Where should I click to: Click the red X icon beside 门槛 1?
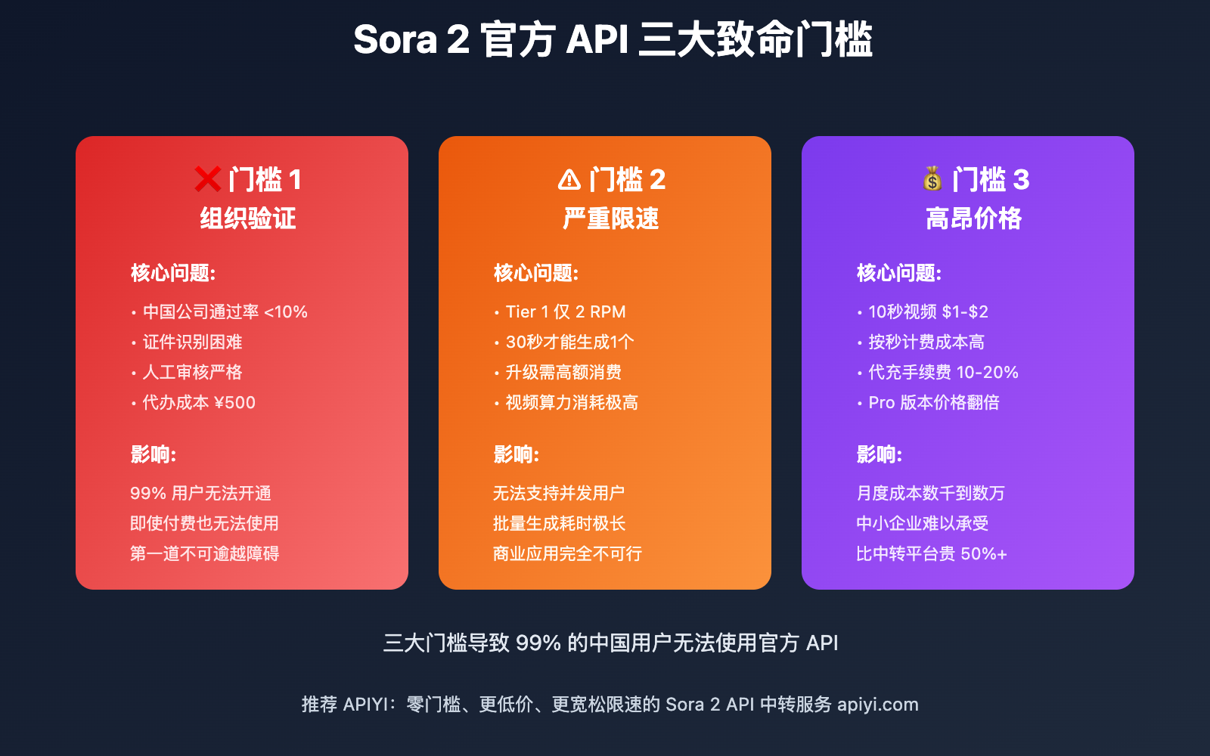click(208, 179)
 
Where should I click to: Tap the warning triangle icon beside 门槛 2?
click(569, 180)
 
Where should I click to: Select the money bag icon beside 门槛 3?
click(933, 178)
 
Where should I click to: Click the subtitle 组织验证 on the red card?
click(248, 218)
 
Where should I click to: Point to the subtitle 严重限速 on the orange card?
click(611, 218)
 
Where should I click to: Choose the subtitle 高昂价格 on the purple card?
click(974, 218)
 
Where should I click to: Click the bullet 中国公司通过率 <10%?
click(225, 311)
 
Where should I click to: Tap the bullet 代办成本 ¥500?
click(199, 402)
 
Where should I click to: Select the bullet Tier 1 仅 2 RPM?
click(566, 311)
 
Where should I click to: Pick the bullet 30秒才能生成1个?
click(570, 342)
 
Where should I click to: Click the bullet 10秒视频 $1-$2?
click(929, 311)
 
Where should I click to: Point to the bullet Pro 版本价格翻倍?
click(934, 402)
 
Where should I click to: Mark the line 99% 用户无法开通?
click(201, 493)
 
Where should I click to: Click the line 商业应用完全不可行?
click(568, 553)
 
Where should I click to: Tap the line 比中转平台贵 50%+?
click(932, 553)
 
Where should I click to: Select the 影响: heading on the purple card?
click(880, 454)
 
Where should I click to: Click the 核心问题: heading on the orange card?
click(536, 273)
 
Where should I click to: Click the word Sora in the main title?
click(395, 40)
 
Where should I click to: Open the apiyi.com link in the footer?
click(878, 705)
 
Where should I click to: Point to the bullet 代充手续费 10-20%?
click(944, 372)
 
